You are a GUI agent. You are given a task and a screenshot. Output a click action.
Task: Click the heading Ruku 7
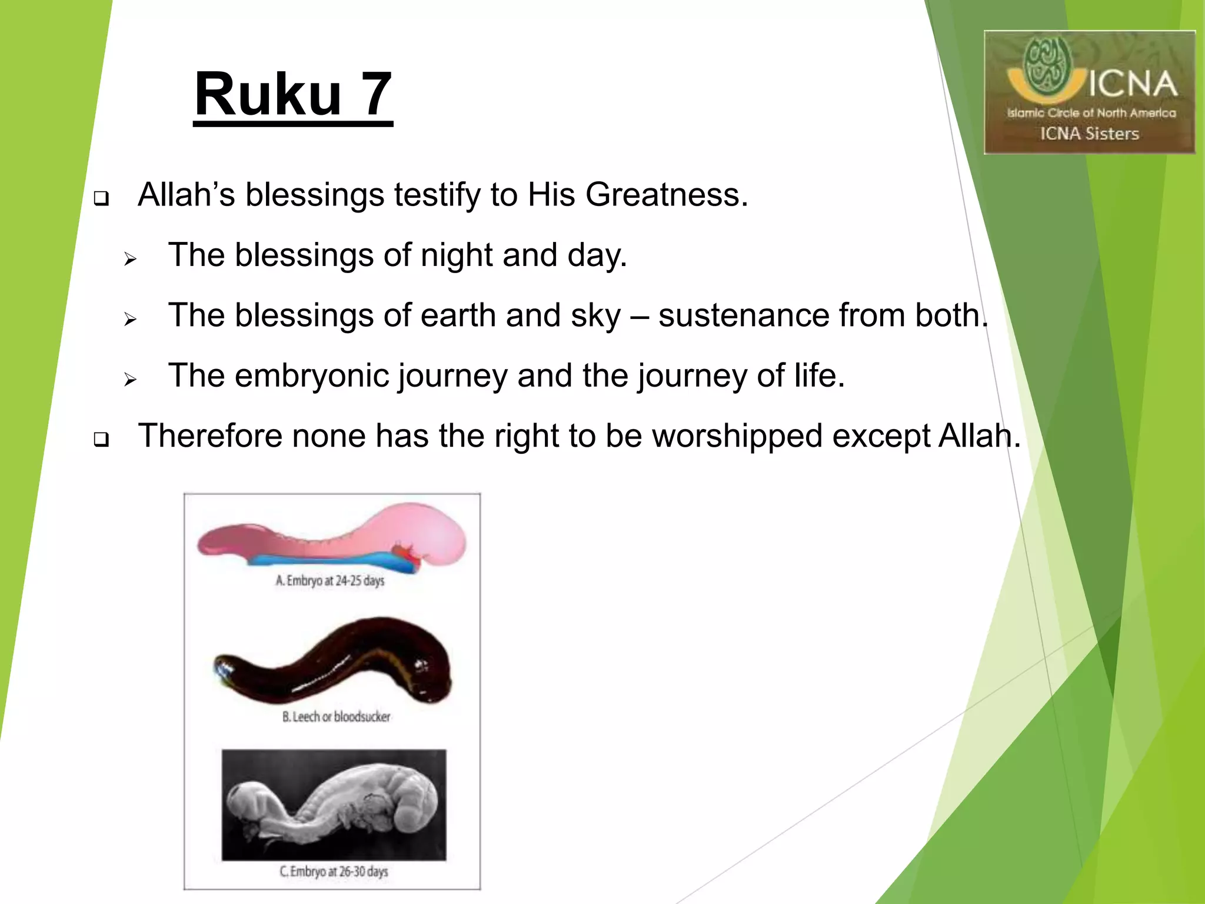pos(293,95)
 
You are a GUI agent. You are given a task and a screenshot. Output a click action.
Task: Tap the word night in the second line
pos(456,255)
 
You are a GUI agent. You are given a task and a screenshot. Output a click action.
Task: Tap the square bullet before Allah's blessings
pos(101,198)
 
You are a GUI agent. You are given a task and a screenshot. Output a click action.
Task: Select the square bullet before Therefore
pos(101,440)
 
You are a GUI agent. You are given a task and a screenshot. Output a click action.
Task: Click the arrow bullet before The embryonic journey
pos(130,380)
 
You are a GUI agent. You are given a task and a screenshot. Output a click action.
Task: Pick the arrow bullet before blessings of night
pos(130,259)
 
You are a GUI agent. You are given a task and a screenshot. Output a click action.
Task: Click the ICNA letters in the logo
pos(1132,84)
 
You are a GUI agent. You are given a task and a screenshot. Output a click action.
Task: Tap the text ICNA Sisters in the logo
pos(1089,134)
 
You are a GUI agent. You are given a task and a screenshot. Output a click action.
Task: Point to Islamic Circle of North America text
pos(1091,113)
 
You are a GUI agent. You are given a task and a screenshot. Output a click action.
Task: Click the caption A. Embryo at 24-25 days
pos(330,581)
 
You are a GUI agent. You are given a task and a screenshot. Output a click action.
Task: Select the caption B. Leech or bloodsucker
pos(336,717)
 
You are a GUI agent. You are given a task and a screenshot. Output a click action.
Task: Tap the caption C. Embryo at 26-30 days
pos(334,872)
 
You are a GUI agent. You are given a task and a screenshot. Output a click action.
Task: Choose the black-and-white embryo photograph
pos(334,805)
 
